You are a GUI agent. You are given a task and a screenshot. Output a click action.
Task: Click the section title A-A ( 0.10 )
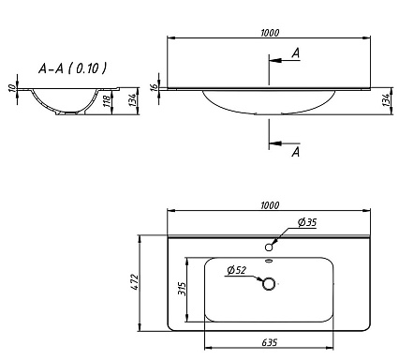[72, 68]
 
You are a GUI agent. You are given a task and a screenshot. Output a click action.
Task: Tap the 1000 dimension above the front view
[270, 33]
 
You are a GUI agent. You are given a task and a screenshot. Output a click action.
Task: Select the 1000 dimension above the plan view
[270, 205]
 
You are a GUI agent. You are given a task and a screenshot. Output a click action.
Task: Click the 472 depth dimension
[135, 282]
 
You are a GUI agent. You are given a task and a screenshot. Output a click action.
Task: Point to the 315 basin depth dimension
[182, 289]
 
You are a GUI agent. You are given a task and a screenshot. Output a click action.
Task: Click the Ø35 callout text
[307, 222]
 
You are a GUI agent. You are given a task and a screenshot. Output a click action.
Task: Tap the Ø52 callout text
[237, 270]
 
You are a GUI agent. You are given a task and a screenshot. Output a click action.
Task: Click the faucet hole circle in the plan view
[269, 247]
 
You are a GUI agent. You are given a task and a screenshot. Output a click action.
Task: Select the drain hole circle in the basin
[269, 284]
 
